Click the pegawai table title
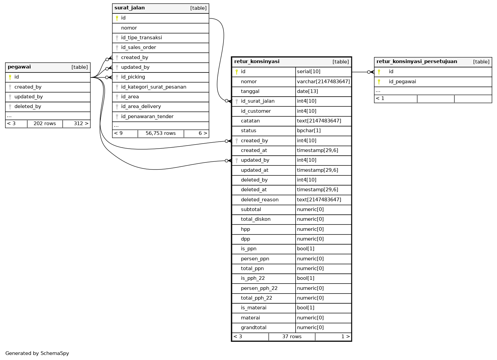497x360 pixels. point(19,67)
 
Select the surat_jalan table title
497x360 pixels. point(130,8)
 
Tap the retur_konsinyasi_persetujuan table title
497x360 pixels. point(416,62)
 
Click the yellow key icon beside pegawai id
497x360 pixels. point(10,77)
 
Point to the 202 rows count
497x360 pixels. point(45,123)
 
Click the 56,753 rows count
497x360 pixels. point(160,133)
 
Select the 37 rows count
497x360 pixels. point(292,337)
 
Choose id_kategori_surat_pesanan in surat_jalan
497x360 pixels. point(153,87)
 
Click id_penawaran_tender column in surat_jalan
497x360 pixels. point(147,116)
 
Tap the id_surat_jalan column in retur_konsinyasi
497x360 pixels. point(257,101)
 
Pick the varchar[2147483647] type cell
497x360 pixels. point(323,82)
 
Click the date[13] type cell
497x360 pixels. point(307,91)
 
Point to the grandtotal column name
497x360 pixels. point(253,327)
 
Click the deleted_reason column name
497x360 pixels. point(259,200)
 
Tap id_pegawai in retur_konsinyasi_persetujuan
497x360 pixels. point(402,82)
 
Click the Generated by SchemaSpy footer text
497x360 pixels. point(37,353)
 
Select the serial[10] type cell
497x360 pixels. point(308,71)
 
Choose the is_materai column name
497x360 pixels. point(253,308)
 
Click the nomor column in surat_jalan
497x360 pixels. point(129,28)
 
